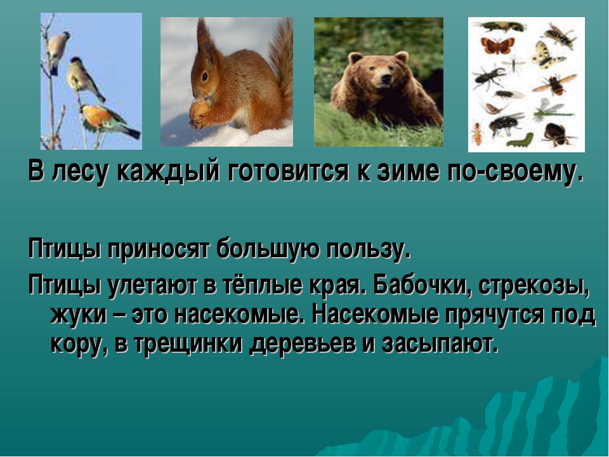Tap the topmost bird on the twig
(x=58, y=46)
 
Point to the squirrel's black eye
(x=204, y=76)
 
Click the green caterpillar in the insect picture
(x=523, y=138)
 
